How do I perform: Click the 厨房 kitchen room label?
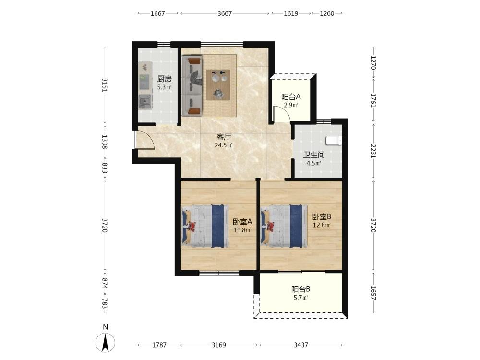point(164,79)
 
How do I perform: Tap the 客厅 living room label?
point(224,137)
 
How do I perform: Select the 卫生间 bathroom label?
point(314,155)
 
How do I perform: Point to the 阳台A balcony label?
point(291,97)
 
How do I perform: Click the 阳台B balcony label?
point(300,289)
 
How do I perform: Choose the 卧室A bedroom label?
point(242,221)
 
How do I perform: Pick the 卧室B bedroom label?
point(322,217)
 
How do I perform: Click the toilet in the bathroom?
point(334,140)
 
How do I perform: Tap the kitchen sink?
point(144,101)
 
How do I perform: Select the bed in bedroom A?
point(205,226)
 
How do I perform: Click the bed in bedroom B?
point(284,226)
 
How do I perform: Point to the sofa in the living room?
point(192,86)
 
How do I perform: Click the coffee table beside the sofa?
point(218,85)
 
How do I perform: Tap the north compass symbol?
point(105,342)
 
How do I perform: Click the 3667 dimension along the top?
point(225,13)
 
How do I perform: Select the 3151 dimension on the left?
point(105,85)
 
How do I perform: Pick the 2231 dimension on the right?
point(373,151)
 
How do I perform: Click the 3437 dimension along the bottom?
point(301,345)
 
